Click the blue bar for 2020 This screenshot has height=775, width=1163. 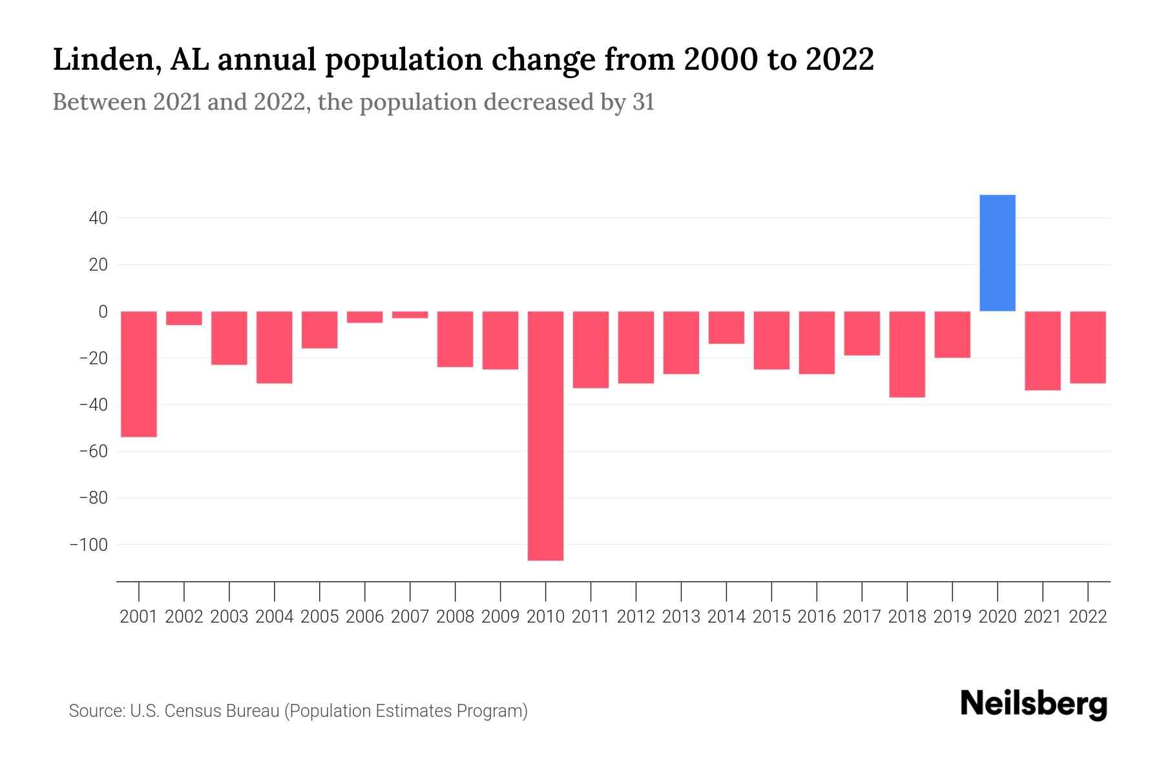997,253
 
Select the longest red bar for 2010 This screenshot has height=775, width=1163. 545,436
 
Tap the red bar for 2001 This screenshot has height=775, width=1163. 139,374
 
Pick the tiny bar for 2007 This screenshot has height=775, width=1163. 410,315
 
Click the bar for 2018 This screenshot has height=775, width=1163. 907,354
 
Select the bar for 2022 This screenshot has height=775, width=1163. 1087,347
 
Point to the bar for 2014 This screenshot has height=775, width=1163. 726,327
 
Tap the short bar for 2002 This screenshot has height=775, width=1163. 184,318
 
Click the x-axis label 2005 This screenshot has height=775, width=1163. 320,617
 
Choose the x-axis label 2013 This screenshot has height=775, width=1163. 681,617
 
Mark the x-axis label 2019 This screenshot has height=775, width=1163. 952,617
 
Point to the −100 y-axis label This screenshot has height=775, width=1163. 89,544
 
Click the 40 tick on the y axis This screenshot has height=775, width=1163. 98,218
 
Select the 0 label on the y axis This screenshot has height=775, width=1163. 103,311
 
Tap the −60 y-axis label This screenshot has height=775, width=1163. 93,451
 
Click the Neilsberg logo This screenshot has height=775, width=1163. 1034,704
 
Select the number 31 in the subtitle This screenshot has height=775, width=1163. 643,102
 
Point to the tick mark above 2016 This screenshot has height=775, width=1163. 817,591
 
